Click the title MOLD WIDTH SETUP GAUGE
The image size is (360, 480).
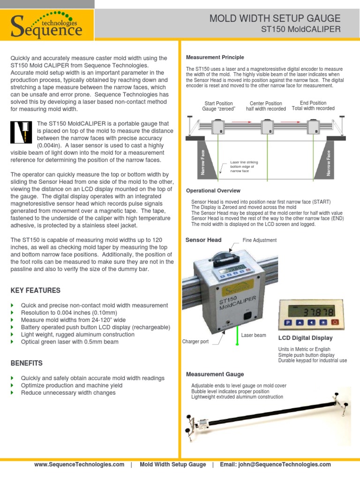point(275,19)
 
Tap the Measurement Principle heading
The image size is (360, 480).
point(215,57)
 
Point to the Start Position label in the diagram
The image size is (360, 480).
point(218,106)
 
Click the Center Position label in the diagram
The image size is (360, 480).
point(266,106)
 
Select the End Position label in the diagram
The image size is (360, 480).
point(313,105)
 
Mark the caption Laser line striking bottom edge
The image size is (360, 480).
point(244,167)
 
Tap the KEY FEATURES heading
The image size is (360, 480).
point(35,291)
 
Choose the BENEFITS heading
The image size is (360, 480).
point(26,363)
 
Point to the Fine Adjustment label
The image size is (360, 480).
point(259,240)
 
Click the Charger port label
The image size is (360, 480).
point(195,342)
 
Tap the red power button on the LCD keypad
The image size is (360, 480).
point(335,322)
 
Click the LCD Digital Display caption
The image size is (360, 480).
point(305,338)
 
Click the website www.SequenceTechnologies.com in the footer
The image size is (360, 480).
point(79,465)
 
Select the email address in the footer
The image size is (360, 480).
point(275,465)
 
